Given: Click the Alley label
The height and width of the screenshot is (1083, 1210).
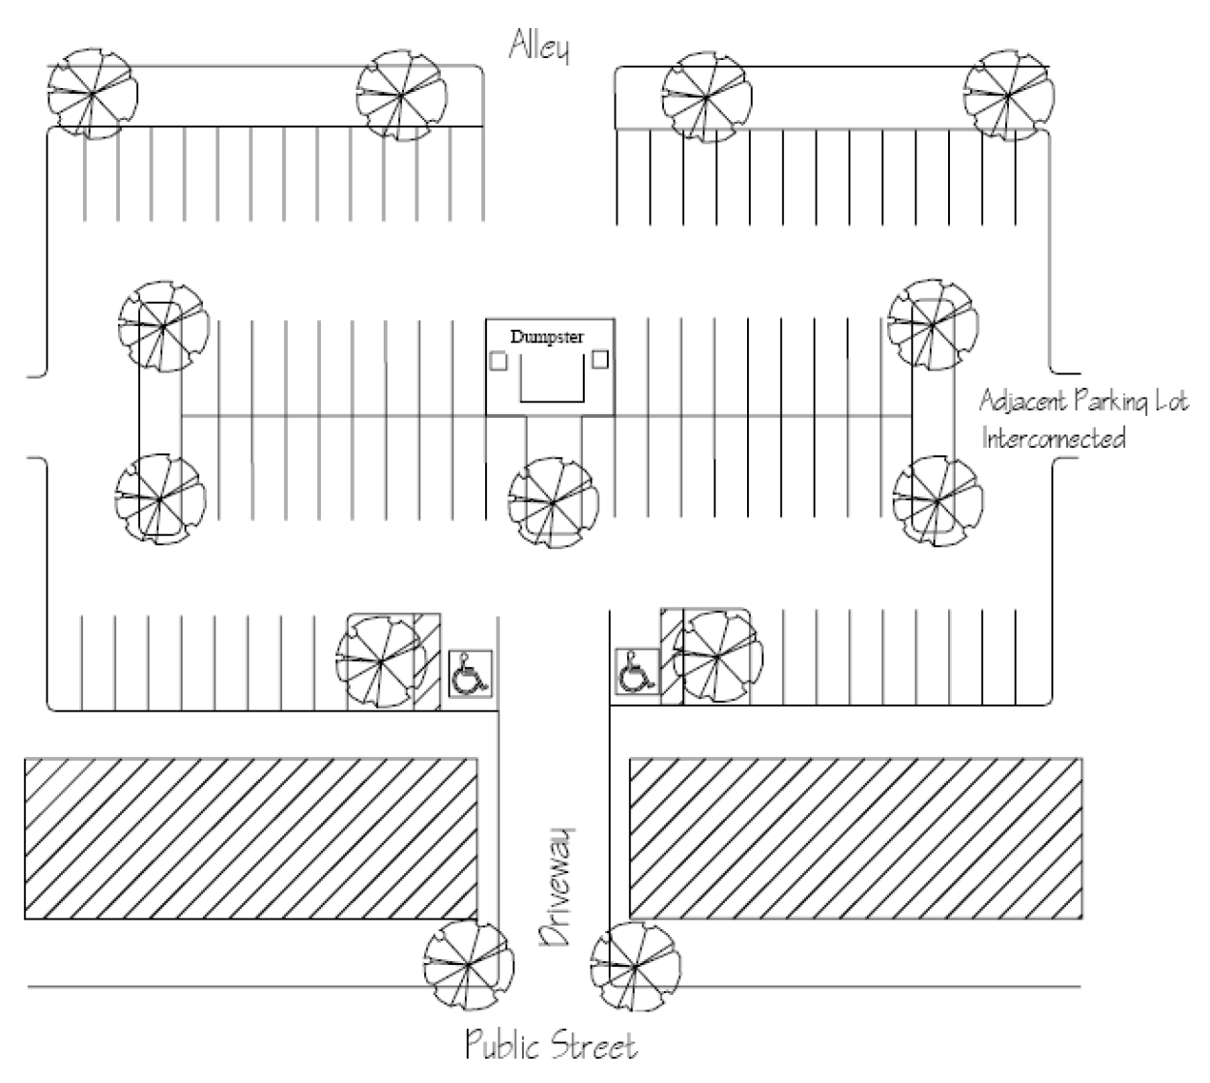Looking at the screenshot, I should (x=539, y=47).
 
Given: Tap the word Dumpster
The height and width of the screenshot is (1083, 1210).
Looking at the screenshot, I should (x=547, y=337).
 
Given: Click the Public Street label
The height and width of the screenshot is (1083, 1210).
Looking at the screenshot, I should (x=552, y=1046).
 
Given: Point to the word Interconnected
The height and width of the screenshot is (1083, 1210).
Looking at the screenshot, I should (x=1054, y=438).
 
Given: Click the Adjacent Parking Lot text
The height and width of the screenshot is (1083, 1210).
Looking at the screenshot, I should (x=1083, y=400).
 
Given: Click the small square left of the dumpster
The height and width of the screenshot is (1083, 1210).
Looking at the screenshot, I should (x=499, y=361).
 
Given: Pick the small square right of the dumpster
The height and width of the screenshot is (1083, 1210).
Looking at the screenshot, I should (x=600, y=360).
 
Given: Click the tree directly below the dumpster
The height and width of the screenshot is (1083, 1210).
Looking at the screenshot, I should (x=553, y=501).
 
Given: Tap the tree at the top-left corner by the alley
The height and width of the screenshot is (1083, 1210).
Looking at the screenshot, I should (x=92, y=94).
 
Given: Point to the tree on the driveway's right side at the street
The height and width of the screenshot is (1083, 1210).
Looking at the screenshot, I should (x=634, y=965).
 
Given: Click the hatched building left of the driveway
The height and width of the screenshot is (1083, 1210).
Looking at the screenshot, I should (x=250, y=837).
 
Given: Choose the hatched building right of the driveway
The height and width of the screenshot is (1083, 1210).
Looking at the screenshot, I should (x=855, y=837).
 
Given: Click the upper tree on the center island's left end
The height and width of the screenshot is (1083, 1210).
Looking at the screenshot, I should (x=161, y=326).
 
